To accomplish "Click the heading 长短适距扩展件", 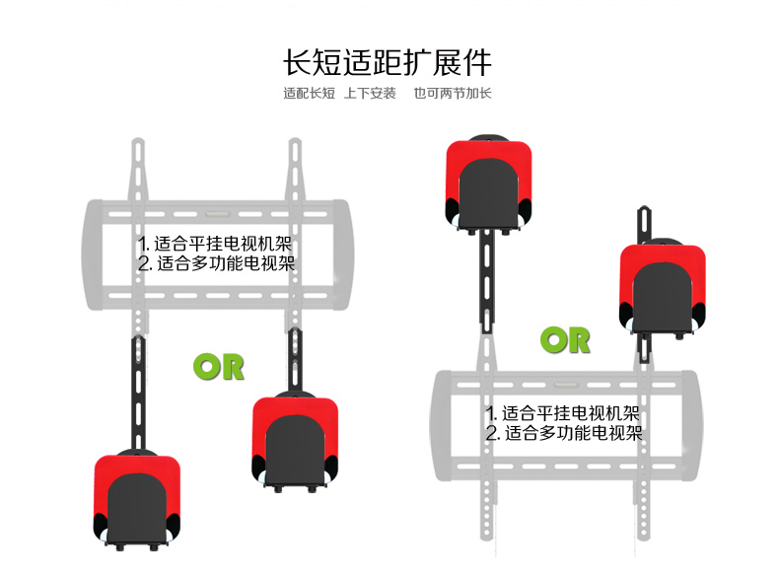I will (x=388, y=62).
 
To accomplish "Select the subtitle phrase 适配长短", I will (x=309, y=94).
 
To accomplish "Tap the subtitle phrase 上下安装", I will (x=370, y=94).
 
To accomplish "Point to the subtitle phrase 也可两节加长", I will (x=452, y=94).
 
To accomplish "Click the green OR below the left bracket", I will (x=218, y=366).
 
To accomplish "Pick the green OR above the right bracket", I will (x=565, y=340).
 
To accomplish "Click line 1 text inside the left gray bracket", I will (x=217, y=244).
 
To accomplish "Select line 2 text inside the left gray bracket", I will (x=217, y=263).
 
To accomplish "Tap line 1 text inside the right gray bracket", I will (x=563, y=413).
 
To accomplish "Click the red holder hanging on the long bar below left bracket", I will (x=137, y=498).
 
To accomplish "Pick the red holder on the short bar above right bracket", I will (x=662, y=287).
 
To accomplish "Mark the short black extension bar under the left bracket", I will (x=295, y=359).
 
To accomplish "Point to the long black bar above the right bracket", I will (x=487, y=281).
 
